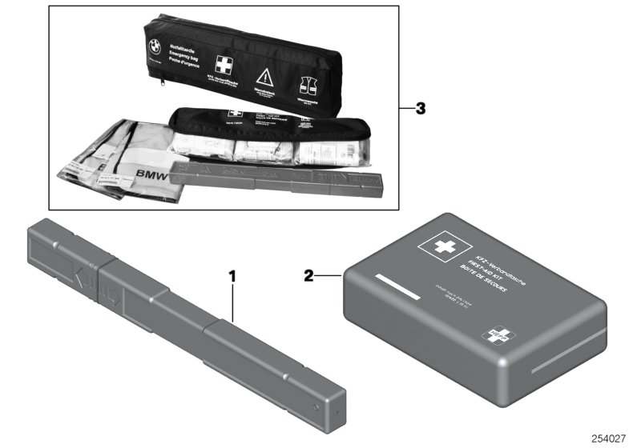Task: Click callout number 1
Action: (x=233, y=277)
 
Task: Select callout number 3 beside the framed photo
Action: (x=419, y=108)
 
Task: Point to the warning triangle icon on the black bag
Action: (x=264, y=78)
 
